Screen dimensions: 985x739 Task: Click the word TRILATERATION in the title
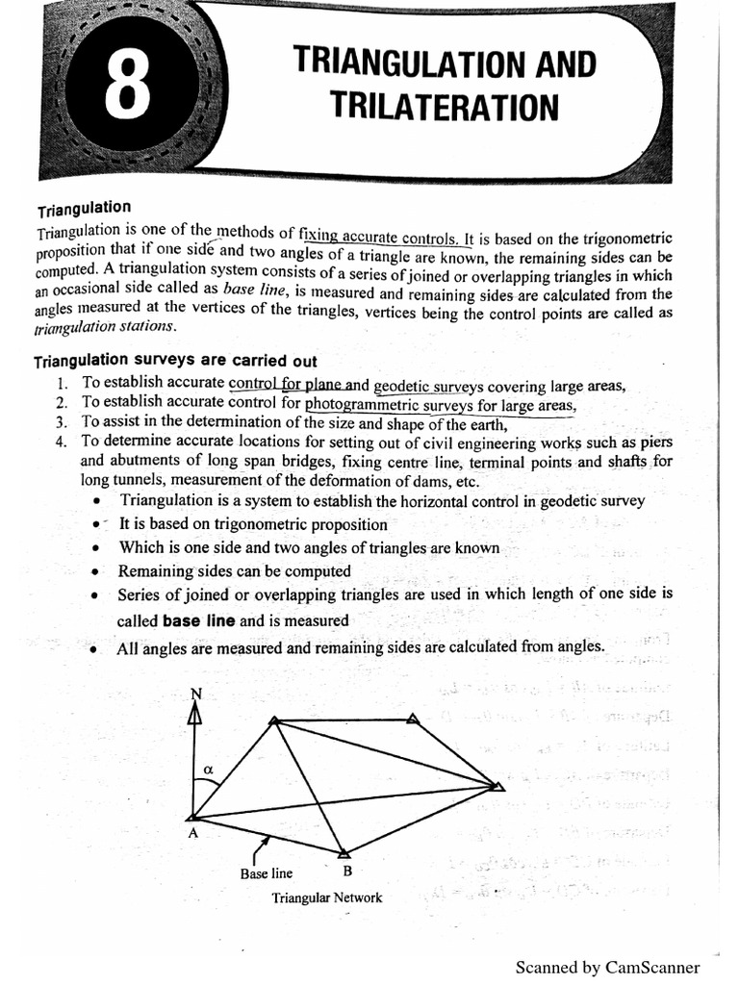click(444, 107)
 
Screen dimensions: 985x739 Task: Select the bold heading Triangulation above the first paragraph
click(84, 209)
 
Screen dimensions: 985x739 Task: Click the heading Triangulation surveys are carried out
click(175, 361)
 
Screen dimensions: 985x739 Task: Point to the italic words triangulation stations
click(105, 327)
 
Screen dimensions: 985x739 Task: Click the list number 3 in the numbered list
click(61, 421)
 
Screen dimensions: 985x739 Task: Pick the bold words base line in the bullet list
click(199, 620)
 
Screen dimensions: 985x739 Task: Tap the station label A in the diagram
click(192, 834)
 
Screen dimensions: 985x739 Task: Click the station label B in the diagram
click(346, 872)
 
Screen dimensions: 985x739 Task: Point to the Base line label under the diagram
click(267, 874)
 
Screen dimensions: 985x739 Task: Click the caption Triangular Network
click(327, 898)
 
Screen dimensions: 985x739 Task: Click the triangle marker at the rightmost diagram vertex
click(497, 786)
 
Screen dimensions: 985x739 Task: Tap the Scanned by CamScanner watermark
click(607, 968)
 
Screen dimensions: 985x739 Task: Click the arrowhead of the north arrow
click(195, 714)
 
